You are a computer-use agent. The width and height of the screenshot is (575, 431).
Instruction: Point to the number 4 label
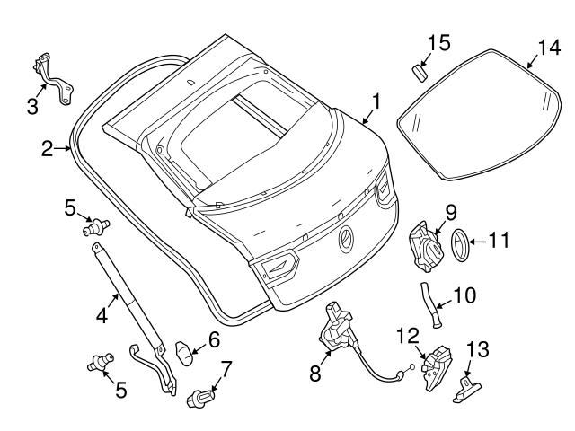[x=102, y=315]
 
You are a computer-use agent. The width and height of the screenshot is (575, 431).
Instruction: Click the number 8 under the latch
[x=314, y=373]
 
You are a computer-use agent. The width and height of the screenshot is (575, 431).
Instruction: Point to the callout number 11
[x=499, y=240]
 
